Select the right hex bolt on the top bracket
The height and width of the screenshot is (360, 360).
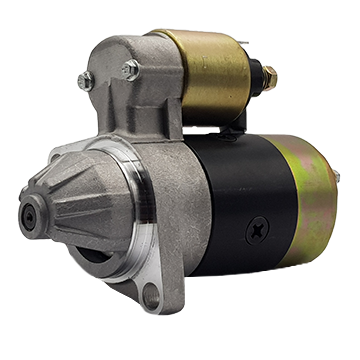click(x=130, y=68)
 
